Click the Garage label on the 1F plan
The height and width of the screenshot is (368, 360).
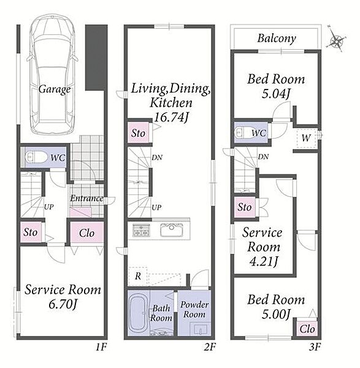[55, 89]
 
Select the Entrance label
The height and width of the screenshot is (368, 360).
[86, 198]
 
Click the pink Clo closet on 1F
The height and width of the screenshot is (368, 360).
[87, 232]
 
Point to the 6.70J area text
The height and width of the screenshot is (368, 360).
[63, 305]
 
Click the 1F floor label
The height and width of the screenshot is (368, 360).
[101, 347]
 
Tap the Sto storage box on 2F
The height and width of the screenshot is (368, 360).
[139, 133]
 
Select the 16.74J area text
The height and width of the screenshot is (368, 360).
[171, 117]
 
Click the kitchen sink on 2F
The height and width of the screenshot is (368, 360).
[172, 230]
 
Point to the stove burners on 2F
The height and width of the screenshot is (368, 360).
[141, 230]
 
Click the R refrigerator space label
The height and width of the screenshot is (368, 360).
[138, 276]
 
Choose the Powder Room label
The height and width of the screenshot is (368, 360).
[194, 309]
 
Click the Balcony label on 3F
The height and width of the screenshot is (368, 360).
[277, 39]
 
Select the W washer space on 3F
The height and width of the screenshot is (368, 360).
[306, 138]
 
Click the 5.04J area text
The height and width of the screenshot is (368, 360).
[276, 94]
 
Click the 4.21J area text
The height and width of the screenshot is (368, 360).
[264, 261]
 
